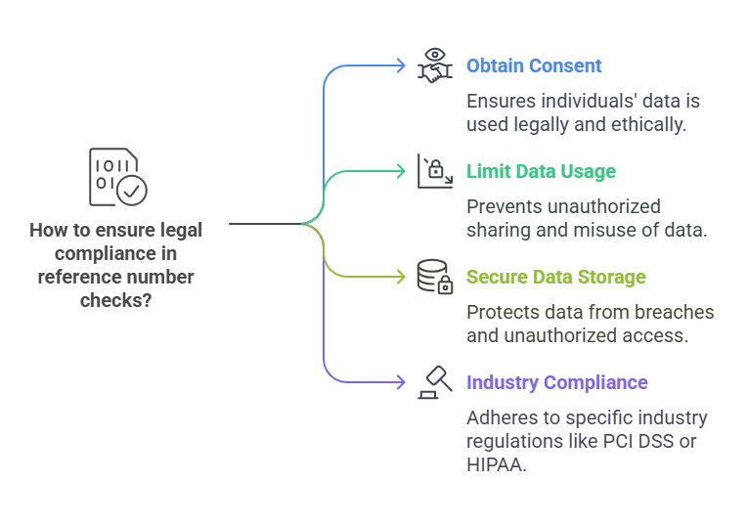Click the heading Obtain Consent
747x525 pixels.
point(534,66)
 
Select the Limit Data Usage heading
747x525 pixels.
point(541,172)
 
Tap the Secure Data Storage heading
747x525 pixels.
point(555,278)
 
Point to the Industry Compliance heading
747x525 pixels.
point(557,382)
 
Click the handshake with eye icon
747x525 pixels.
point(435,65)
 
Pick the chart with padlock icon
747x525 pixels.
point(435,171)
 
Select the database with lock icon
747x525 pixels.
point(435,277)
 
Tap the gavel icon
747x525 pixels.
point(435,381)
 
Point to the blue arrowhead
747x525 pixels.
point(400,66)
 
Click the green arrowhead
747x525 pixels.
point(400,171)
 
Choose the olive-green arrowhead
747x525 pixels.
point(400,277)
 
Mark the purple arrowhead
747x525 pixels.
point(400,382)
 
